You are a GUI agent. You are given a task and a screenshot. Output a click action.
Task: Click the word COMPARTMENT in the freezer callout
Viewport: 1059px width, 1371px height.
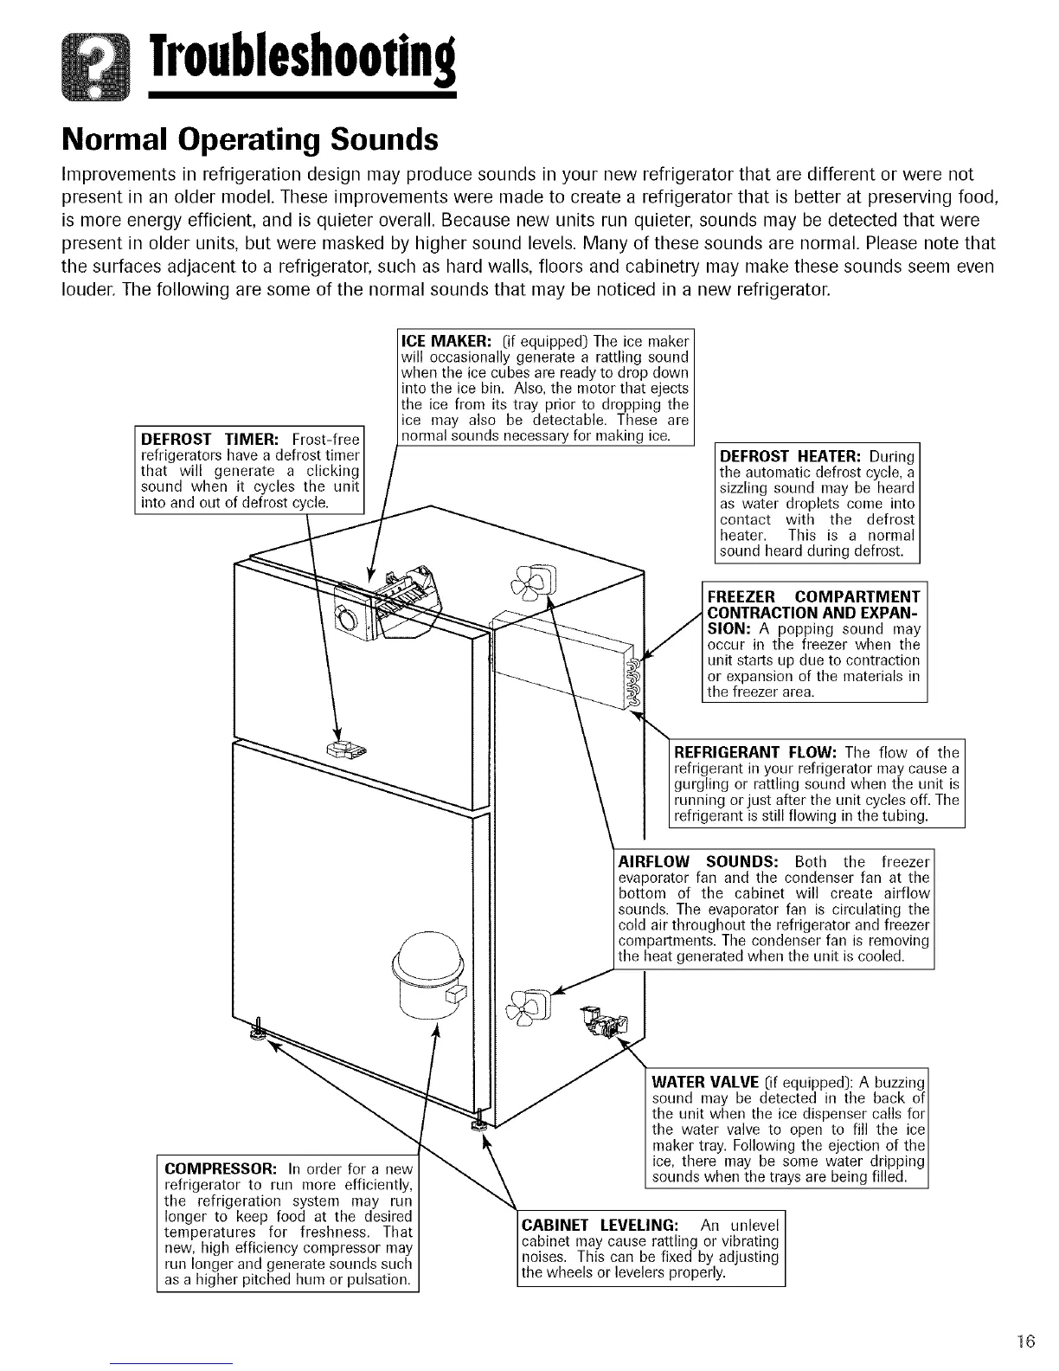point(857,597)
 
